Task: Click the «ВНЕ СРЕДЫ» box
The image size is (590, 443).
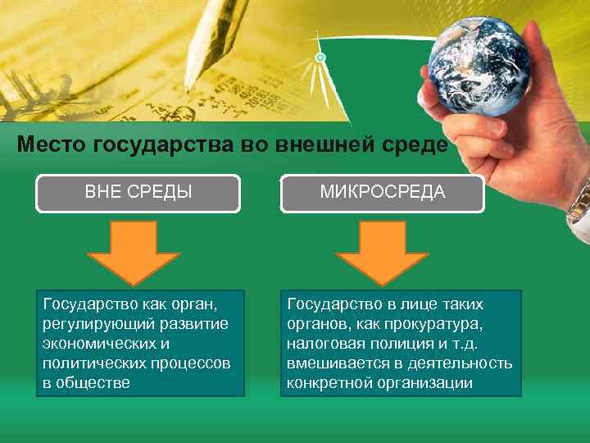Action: pos(138,193)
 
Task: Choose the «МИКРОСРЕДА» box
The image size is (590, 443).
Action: pos(382,193)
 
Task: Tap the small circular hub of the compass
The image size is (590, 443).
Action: pos(320,57)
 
